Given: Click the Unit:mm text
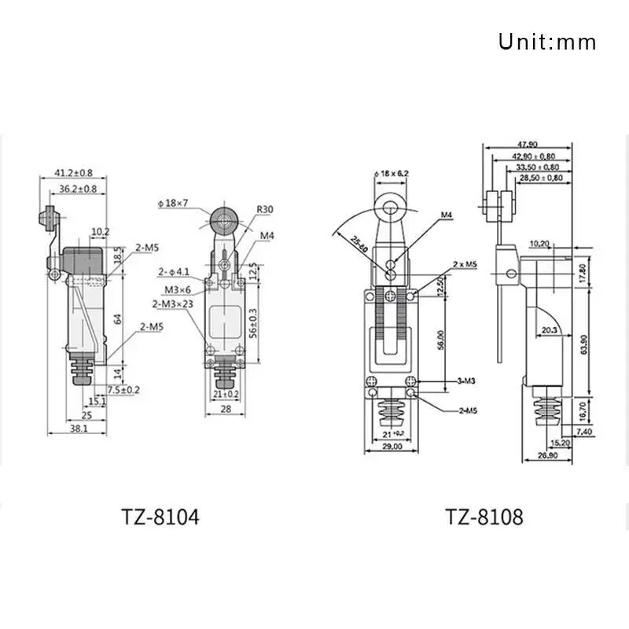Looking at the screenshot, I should click(x=547, y=41).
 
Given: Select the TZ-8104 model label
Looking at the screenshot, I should click(x=160, y=517).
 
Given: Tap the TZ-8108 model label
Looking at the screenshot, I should click(x=484, y=517).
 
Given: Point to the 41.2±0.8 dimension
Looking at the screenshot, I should click(x=74, y=172).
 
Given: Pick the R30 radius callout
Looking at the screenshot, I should click(x=264, y=210).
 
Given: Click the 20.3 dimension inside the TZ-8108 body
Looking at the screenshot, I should click(x=547, y=331).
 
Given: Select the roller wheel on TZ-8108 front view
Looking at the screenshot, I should click(x=391, y=207).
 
